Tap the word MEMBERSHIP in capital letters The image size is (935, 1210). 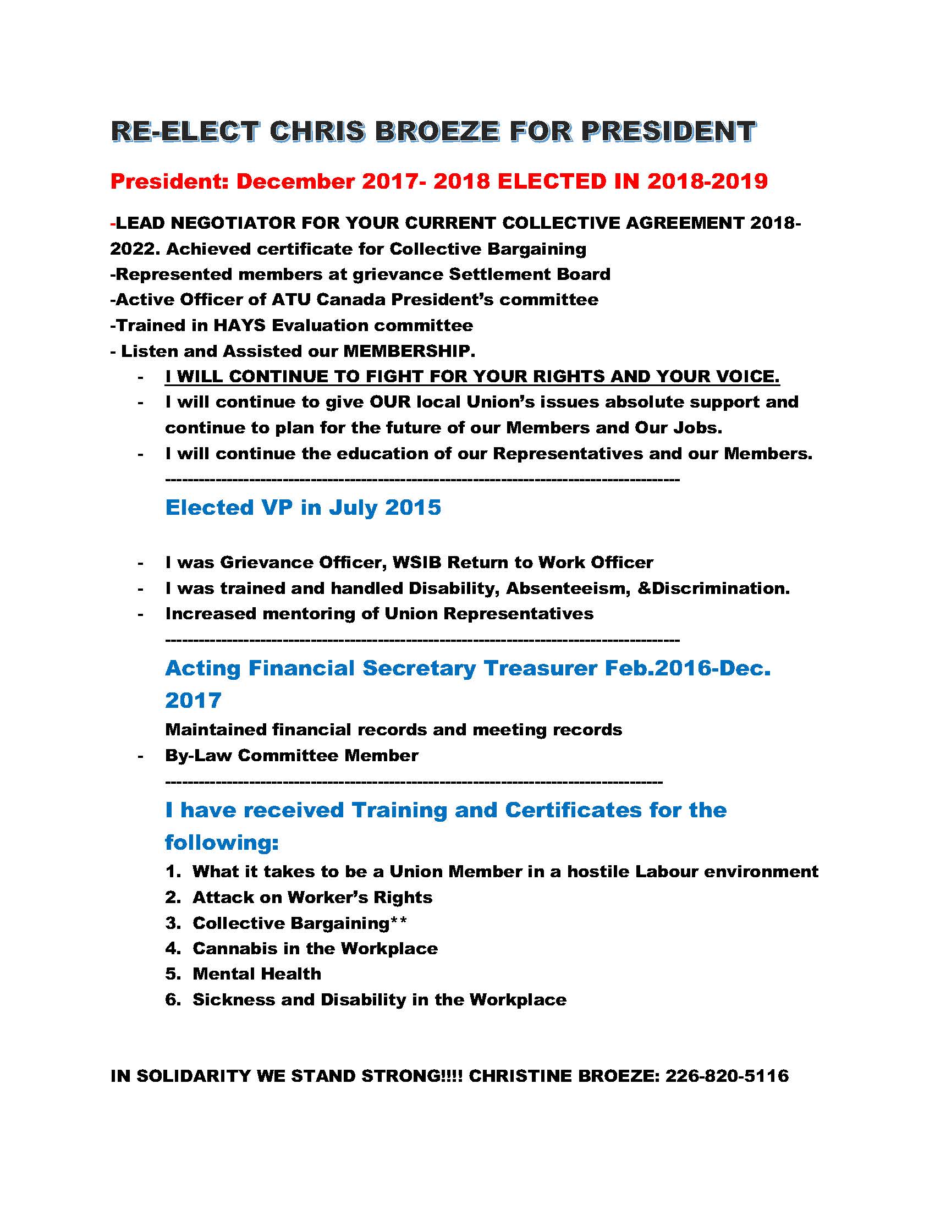pyautogui.click(x=409, y=351)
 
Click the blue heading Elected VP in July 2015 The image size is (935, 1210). pyautogui.click(x=303, y=508)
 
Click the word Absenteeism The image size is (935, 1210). pyautogui.click(x=568, y=588)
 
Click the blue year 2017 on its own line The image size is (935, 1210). pyautogui.click(x=193, y=700)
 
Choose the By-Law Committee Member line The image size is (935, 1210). pyautogui.click(x=291, y=755)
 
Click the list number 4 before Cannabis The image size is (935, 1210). pyautogui.click(x=171, y=948)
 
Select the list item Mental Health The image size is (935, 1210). pyautogui.click(x=256, y=974)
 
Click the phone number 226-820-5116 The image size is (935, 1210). pyautogui.click(x=727, y=1076)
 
